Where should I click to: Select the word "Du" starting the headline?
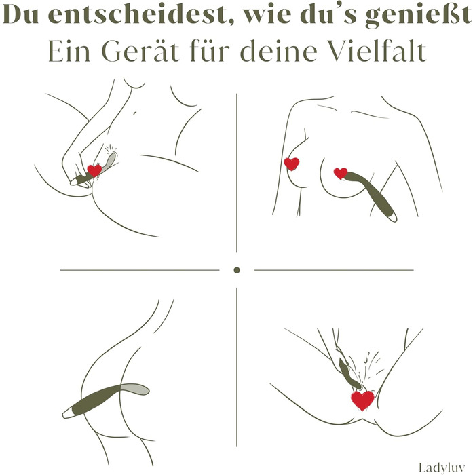coord(21,14)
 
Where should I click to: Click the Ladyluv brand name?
coord(442,467)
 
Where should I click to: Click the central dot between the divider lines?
coord(237,270)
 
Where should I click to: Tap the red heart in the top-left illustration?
coord(94,170)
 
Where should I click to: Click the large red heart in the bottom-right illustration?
coord(363,400)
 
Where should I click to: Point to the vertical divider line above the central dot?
coord(237,173)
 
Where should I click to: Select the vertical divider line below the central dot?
coord(237,367)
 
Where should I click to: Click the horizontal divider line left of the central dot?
coord(140,269)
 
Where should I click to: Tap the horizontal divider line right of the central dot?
coord(334,269)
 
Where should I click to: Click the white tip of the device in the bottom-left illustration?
coord(67,413)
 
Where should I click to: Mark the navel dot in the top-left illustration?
coord(134,113)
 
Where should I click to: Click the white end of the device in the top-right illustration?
coord(393,216)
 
